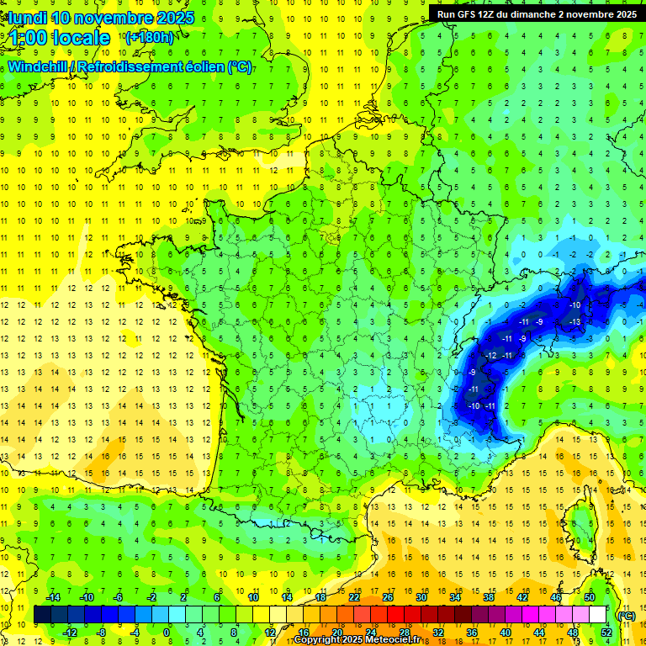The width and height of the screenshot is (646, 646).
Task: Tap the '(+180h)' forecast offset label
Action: coord(149,37)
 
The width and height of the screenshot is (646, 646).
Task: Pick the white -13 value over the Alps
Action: coord(575,322)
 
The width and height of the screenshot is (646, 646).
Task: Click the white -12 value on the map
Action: coord(490,357)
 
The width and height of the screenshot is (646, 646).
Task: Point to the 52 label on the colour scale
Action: coord(606,633)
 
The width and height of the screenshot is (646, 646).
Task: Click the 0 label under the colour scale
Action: coord(167,633)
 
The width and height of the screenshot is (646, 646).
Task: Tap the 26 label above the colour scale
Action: coord(388,597)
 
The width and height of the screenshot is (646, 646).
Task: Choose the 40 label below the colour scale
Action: coord(506,633)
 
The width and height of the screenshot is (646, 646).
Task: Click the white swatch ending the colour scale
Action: coord(598,615)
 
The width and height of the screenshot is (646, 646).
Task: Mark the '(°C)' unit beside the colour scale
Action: coord(627,615)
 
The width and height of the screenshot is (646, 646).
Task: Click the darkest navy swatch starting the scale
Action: coord(42,615)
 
